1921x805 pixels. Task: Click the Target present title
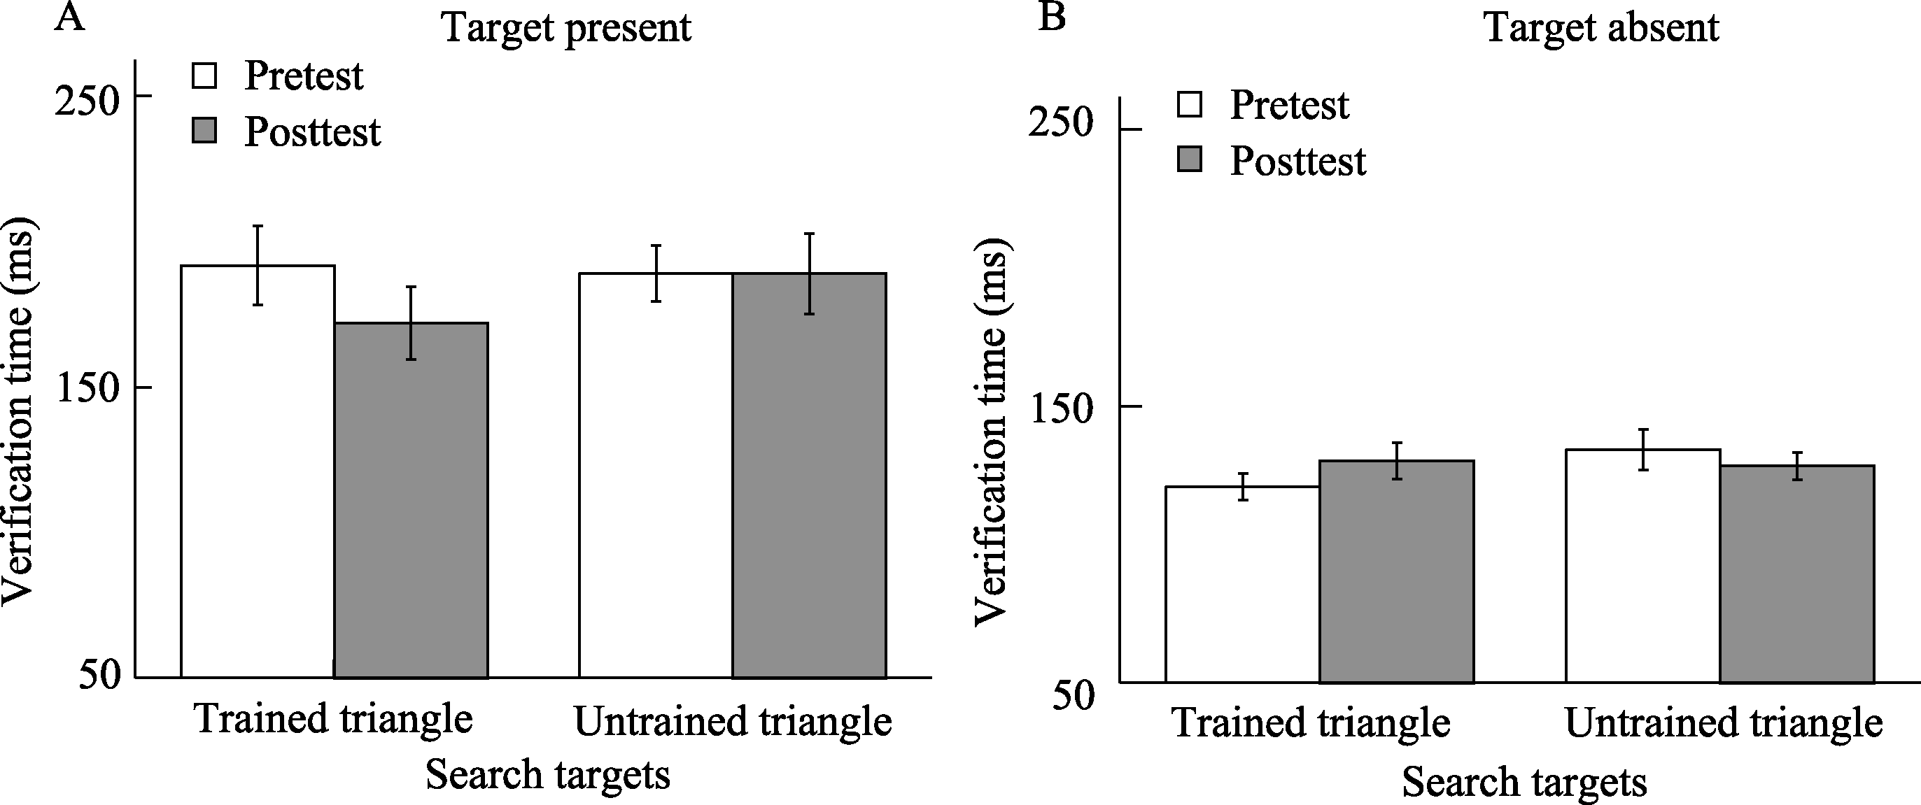[x=567, y=28]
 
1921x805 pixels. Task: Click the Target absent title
[x=1602, y=28]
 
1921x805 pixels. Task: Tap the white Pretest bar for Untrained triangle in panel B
[x=1643, y=566]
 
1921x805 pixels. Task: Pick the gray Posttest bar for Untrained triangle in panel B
[x=1797, y=574]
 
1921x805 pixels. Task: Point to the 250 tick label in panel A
[x=87, y=100]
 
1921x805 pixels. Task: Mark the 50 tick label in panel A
[x=99, y=676]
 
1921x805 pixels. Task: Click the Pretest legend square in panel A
[x=204, y=76]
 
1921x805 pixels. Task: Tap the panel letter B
[x=1053, y=16]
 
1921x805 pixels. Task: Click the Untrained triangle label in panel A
[x=733, y=722]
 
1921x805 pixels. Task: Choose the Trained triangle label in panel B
[x=1311, y=723]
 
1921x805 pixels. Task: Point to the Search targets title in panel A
[x=548, y=774]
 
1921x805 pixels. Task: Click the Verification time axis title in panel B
[x=992, y=433]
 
